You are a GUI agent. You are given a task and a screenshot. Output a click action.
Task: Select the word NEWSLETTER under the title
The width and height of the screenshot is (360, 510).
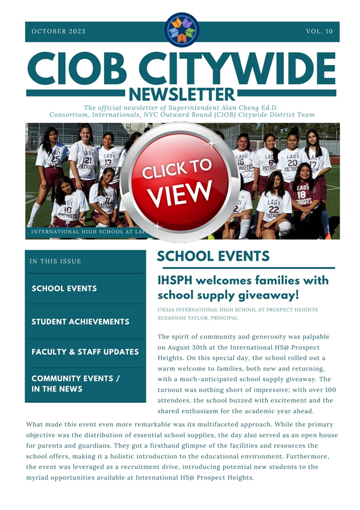click(x=181, y=93)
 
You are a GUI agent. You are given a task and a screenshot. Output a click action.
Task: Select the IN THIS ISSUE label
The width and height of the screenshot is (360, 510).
click(x=55, y=261)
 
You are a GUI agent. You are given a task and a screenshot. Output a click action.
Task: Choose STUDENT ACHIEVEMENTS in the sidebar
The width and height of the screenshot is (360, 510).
click(x=80, y=322)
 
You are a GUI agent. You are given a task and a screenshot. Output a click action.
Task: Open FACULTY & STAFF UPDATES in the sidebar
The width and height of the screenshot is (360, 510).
click(x=85, y=352)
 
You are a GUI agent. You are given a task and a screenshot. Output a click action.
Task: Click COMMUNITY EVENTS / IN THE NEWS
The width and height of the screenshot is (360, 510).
click(x=76, y=384)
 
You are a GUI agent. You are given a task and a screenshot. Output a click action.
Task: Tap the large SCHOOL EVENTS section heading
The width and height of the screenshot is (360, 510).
click(x=213, y=256)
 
